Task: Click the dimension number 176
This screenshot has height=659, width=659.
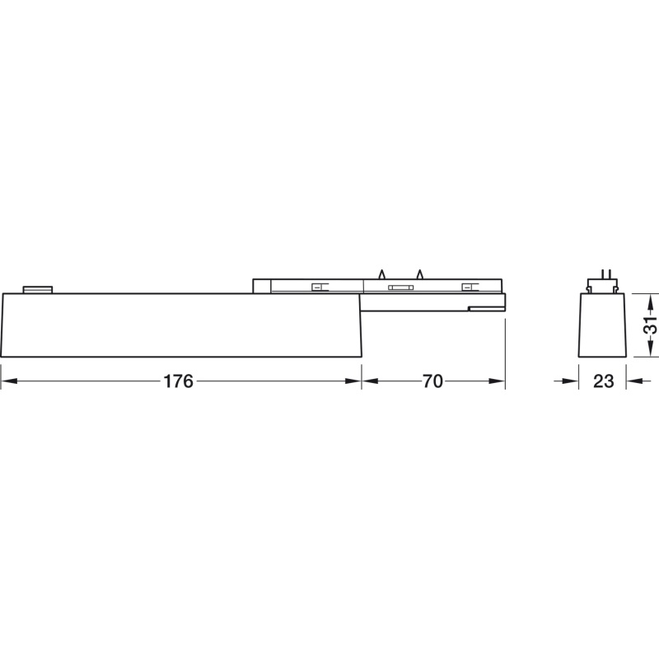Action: coord(178,381)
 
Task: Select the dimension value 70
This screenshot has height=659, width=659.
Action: coord(432,381)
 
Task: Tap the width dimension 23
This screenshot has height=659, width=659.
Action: coord(603,381)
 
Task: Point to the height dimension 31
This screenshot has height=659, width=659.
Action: coord(650,324)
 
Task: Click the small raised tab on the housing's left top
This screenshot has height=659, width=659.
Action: coord(38,290)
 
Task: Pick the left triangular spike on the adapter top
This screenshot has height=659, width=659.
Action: coord(381,274)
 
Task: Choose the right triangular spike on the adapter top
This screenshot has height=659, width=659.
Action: coord(419,274)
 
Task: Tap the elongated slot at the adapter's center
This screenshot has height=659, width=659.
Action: coord(400,287)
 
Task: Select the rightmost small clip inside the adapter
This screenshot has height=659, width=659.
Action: coord(469,287)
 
